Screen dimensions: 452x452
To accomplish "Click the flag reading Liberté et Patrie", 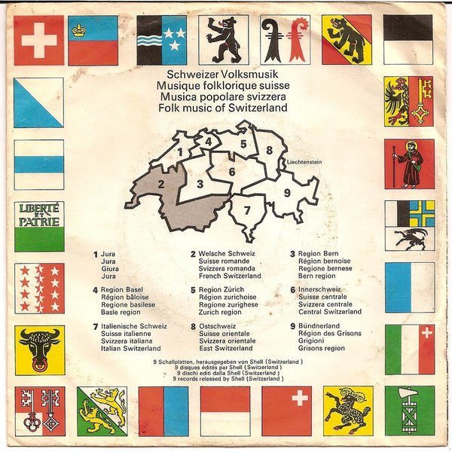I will [39, 226].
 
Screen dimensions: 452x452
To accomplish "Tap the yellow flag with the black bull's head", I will [39, 350].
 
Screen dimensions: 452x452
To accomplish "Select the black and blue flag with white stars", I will [162, 39].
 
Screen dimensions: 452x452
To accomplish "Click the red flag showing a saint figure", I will [409, 163].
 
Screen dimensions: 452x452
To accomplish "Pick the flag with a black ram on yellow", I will [347, 411].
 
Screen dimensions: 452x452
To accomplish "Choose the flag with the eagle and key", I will [409, 101].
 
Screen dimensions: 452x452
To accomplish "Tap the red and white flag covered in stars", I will [39, 288].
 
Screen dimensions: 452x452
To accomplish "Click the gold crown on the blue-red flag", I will [78, 31].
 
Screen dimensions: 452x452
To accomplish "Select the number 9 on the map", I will [287, 192].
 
